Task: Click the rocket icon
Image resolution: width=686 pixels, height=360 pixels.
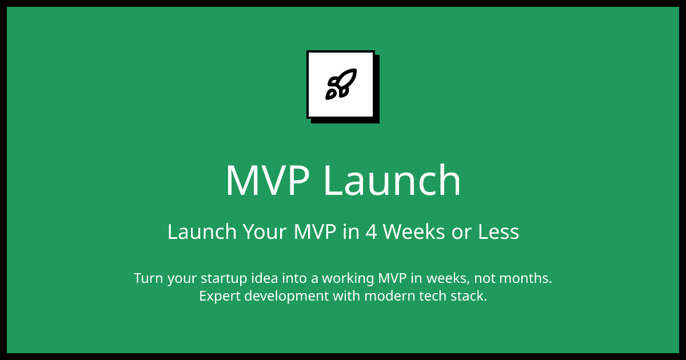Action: point(341,85)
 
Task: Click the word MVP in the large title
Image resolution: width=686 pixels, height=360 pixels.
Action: point(268,181)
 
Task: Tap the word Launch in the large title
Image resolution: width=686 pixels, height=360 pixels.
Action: point(392,181)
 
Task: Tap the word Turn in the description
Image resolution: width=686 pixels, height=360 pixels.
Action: point(146,279)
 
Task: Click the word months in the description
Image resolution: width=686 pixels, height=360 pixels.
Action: point(525,279)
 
